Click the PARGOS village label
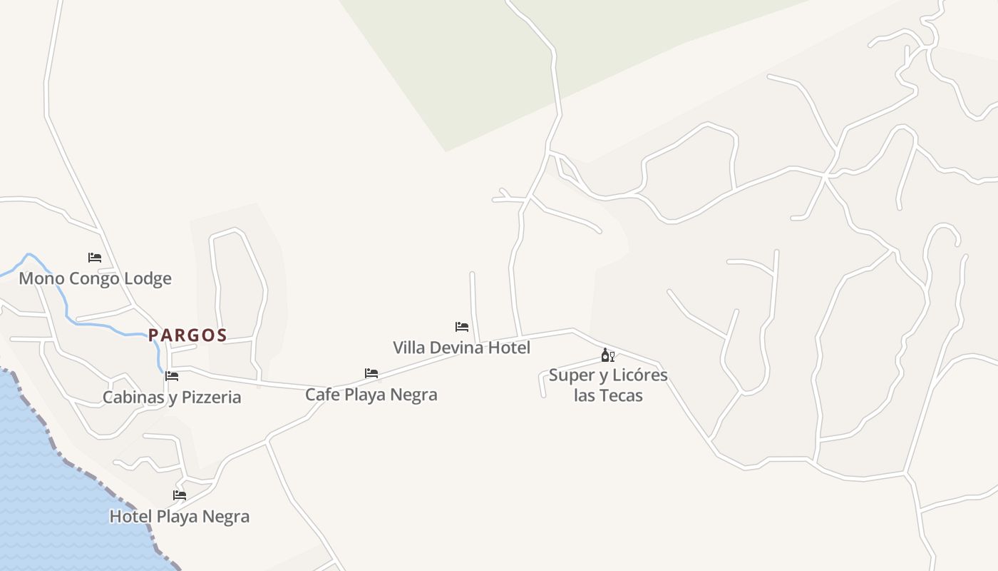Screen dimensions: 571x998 pyautogui.click(x=187, y=335)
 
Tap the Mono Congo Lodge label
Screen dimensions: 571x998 pyautogui.click(x=95, y=278)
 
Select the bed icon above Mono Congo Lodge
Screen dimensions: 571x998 pyautogui.click(x=95, y=257)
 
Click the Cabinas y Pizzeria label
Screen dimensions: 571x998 pyautogui.click(x=172, y=397)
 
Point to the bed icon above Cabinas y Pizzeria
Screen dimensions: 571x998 pyautogui.click(x=172, y=376)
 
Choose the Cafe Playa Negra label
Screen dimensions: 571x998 pyautogui.click(x=371, y=394)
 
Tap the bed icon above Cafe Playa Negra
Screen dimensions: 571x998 pyautogui.click(x=371, y=373)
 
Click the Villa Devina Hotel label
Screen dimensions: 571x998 pyautogui.click(x=461, y=348)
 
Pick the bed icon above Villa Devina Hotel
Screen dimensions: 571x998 pyautogui.click(x=462, y=327)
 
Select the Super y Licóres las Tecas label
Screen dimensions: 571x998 pyautogui.click(x=608, y=385)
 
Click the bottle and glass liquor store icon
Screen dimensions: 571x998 pyautogui.click(x=607, y=355)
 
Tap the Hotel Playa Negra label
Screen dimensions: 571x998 pyautogui.click(x=179, y=516)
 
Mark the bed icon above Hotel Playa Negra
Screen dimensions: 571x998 pyautogui.click(x=180, y=495)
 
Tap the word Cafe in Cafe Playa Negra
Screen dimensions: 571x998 pyautogui.click(x=321, y=394)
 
